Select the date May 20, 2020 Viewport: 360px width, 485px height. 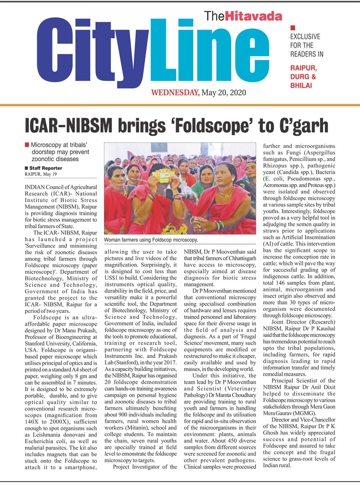pyautogui.click(x=224, y=93)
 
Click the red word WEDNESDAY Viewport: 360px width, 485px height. pyautogui.click(x=175, y=93)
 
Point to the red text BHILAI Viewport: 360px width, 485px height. pyautogui.click(x=301, y=85)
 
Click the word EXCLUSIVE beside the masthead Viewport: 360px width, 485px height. pyautogui.click(x=305, y=36)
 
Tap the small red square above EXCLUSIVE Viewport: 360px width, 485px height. pyautogui.click(x=293, y=27)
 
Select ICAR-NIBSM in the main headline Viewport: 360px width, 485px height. pyautogui.click(x=68, y=126)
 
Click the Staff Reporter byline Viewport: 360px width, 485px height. pyautogui.click(x=45, y=168)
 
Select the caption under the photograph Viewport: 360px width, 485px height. pyautogui.click(x=151, y=240)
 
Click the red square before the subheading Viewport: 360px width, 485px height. pyautogui.click(x=27, y=145)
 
